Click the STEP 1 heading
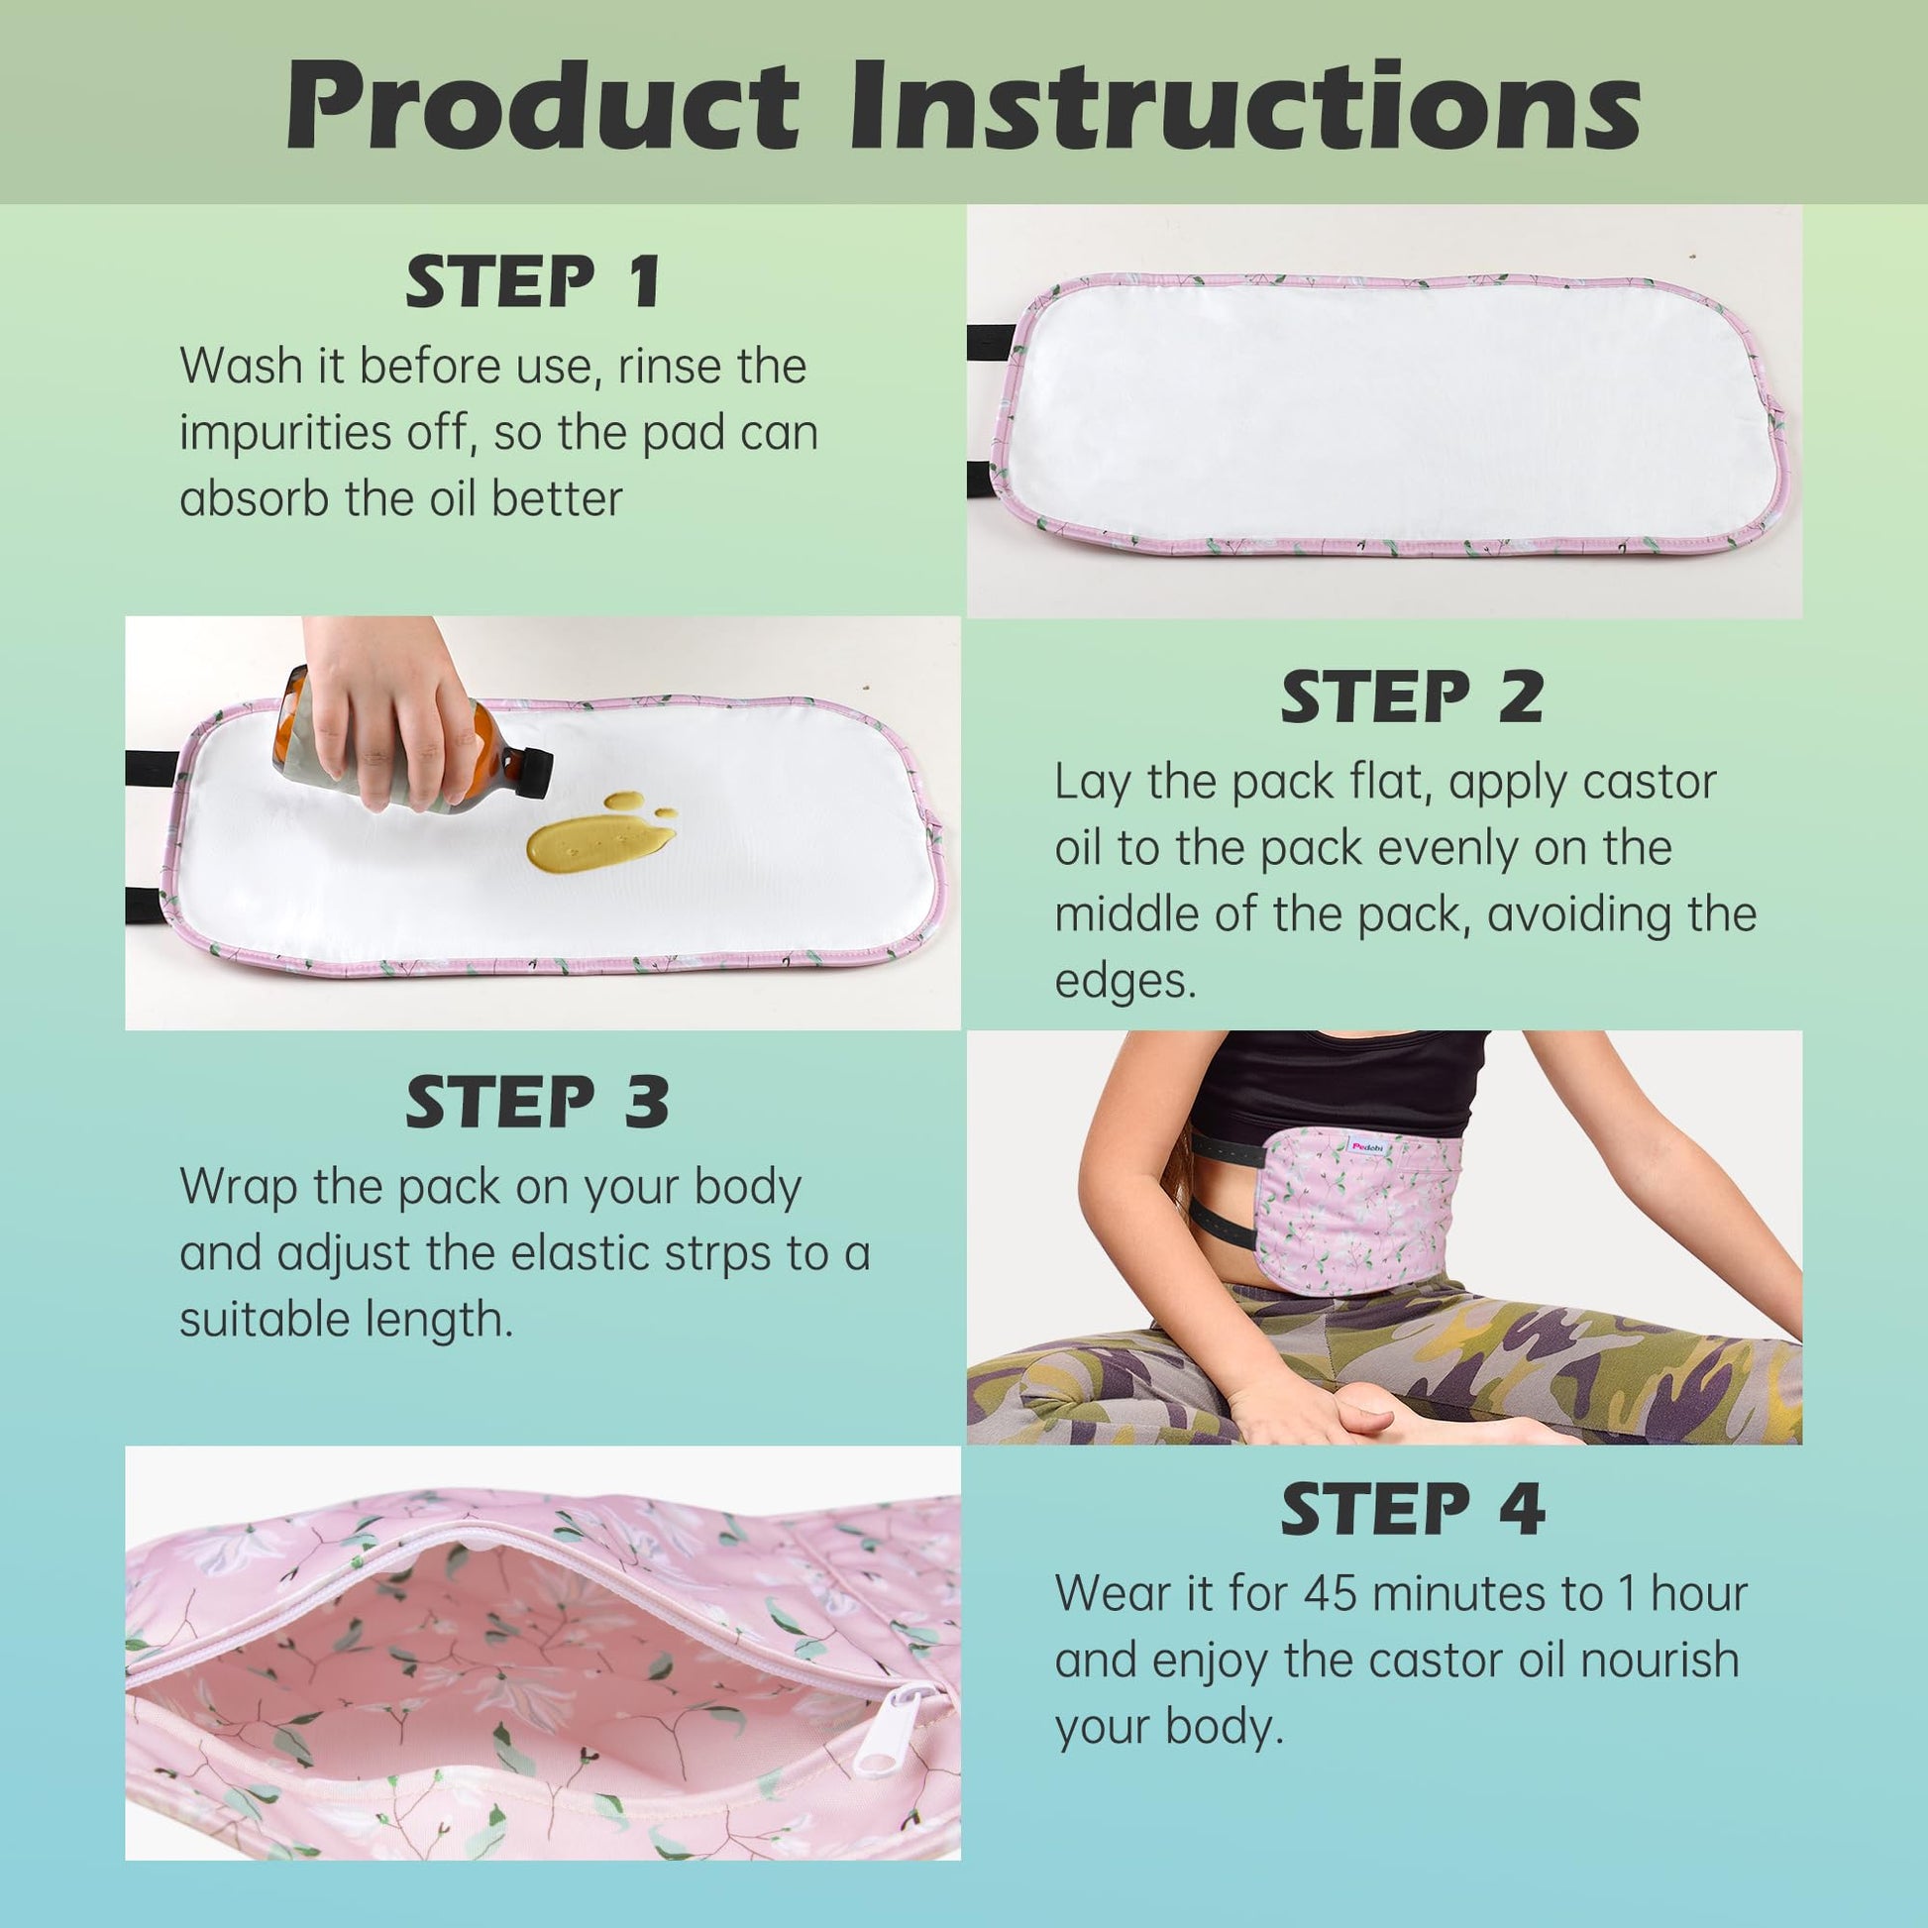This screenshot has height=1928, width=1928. (533, 282)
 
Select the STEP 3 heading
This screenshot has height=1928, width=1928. (537, 1102)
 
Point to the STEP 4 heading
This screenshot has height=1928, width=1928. (1413, 1510)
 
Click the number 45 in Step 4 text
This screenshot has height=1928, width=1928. (1332, 1594)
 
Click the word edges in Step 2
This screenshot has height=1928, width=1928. (1125, 981)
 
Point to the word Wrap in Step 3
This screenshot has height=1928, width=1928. (240, 1188)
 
